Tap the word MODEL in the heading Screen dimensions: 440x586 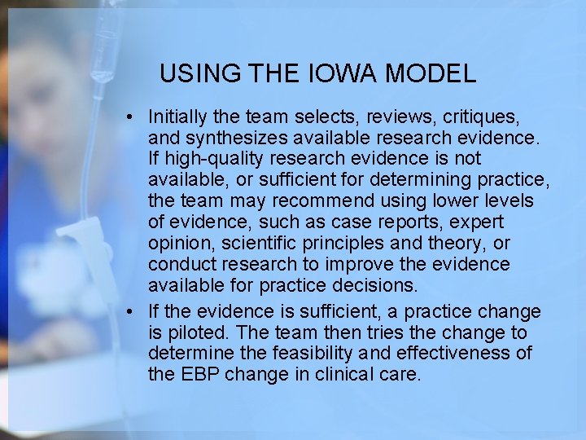(431, 74)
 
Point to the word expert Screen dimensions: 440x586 (478, 222)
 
